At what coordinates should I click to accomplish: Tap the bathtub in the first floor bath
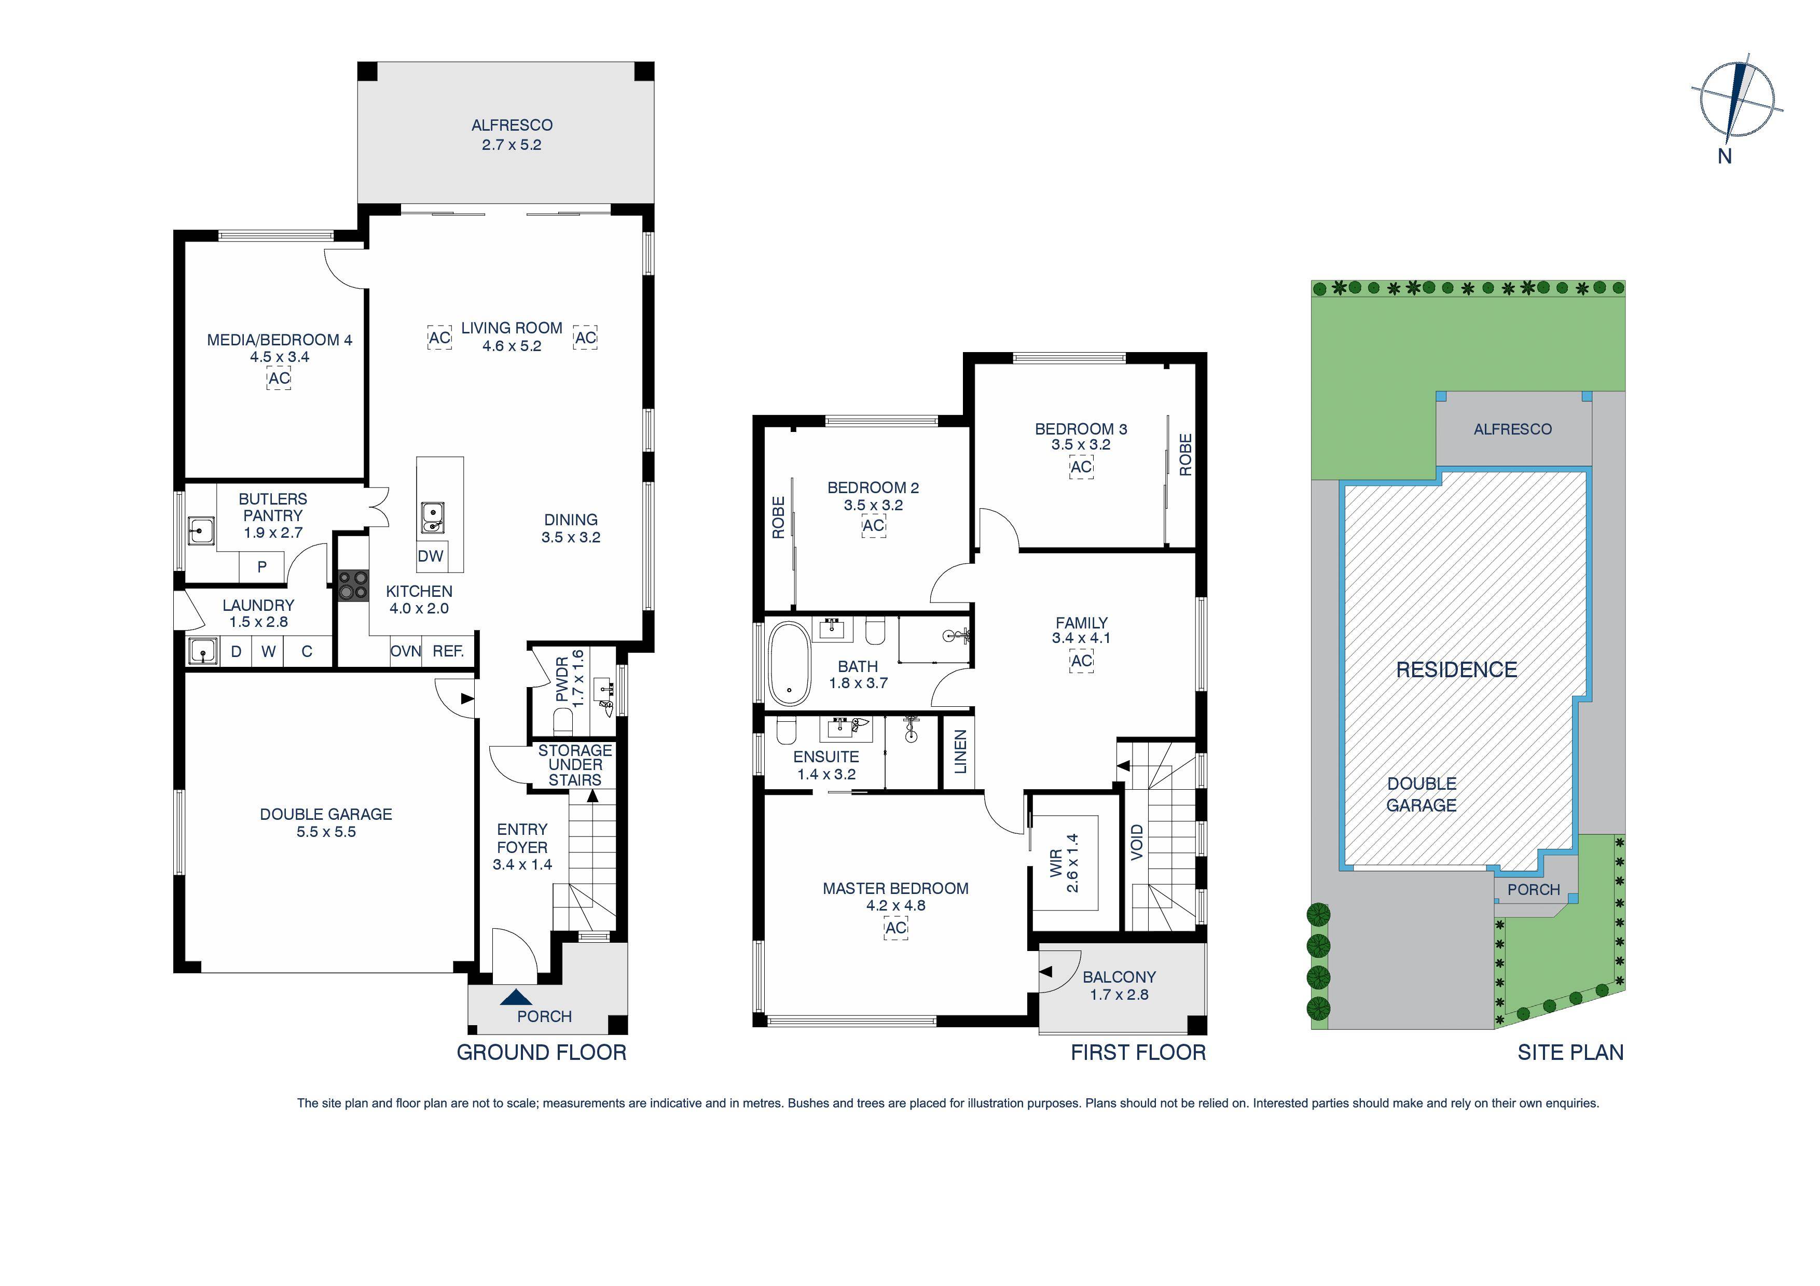(x=789, y=664)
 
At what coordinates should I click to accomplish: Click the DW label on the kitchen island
(x=431, y=556)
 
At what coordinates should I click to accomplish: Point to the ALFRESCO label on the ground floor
(x=511, y=125)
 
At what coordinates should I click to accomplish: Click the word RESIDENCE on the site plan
(x=1456, y=669)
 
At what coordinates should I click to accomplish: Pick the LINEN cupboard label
(x=960, y=751)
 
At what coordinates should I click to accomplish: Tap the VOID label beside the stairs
(x=1137, y=842)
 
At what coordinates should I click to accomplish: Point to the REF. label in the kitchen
(x=448, y=651)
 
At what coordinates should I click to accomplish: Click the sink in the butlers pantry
(x=201, y=530)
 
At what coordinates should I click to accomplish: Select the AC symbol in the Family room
(x=1081, y=661)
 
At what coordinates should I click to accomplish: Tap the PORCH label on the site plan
(x=1533, y=890)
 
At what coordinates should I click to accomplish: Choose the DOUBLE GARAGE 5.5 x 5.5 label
(x=326, y=822)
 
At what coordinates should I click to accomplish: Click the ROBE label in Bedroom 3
(x=1185, y=454)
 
